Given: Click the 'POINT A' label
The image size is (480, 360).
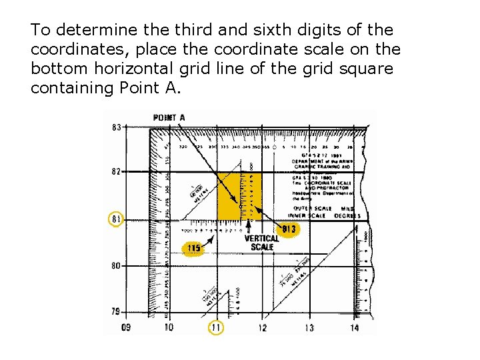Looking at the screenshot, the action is point(169,118).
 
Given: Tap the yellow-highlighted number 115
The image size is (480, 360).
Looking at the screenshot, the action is point(193,249).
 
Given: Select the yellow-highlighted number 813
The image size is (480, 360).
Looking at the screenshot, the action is point(289,230).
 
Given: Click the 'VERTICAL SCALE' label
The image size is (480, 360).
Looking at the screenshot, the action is point(262,243).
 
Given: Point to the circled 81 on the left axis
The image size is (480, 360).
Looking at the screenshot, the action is point(116,219).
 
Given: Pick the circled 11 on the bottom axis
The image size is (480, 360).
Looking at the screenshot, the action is point(216,327).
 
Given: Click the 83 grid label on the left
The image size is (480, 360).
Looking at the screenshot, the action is point(116,127).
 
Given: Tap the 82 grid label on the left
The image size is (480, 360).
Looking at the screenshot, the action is point(116,171).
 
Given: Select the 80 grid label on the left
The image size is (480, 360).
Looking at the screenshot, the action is point(116,265).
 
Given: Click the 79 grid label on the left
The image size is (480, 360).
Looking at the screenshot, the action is point(116,311).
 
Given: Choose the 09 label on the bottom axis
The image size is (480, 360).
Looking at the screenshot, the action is point(127,327).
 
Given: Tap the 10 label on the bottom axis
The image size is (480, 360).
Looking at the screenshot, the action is point(169,327).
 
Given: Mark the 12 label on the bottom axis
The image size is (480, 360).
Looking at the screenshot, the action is point(263,327).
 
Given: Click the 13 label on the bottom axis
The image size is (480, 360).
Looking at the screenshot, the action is point(309,327).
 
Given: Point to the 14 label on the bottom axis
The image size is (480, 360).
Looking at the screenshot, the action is point(354,327).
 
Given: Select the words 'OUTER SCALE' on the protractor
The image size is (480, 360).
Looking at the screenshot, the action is point(309,208).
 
